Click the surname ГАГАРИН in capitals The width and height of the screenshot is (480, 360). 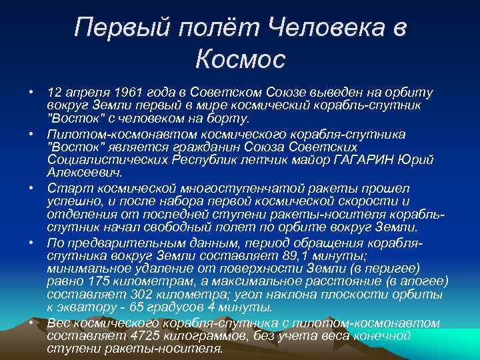click(x=371, y=159)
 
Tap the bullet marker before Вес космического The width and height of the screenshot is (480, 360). click(x=31, y=322)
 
